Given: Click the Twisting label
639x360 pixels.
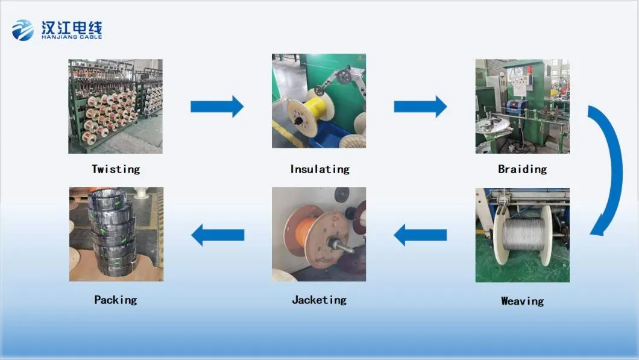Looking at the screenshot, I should click(115, 169).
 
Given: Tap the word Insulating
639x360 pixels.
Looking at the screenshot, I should click(319, 169).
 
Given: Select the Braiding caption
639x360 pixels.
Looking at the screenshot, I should click(522, 169).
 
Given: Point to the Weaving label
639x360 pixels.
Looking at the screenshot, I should click(522, 300).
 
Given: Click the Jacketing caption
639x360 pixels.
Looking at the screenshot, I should click(319, 300).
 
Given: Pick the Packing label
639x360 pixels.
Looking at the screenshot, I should click(115, 300).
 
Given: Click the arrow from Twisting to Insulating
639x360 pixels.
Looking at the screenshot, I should click(217, 107).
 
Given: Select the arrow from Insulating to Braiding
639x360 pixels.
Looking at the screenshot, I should click(420, 107).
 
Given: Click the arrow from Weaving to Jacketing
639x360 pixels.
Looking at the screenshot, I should click(420, 235).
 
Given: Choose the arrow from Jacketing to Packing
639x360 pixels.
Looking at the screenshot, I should click(217, 235).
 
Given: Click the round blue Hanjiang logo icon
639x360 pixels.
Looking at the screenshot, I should click(23, 30).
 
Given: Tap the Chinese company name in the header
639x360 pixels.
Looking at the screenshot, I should click(72, 27).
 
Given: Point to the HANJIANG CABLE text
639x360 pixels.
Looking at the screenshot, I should click(72, 37).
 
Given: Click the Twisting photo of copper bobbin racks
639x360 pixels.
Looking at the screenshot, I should click(115, 106).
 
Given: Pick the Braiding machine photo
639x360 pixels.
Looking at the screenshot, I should click(522, 106).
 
